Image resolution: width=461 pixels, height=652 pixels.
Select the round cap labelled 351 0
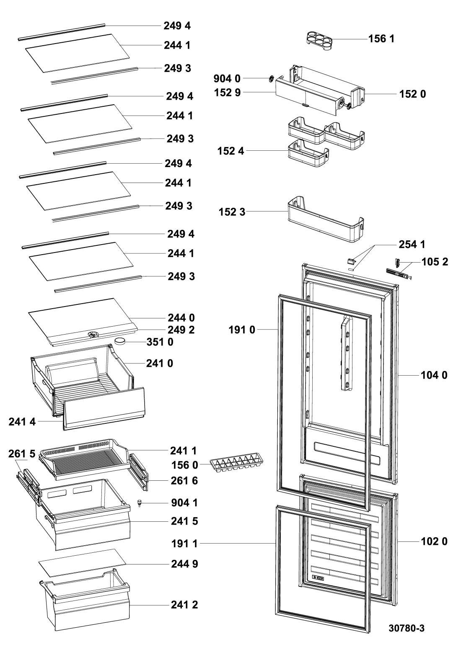coord(122,341)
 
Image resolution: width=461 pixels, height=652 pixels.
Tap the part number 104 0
coord(434,376)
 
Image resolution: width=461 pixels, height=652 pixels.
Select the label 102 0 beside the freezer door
coord(434,541)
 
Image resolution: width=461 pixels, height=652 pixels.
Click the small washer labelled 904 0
coord(271,78)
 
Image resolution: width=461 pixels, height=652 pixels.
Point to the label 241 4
coord(22,422)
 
